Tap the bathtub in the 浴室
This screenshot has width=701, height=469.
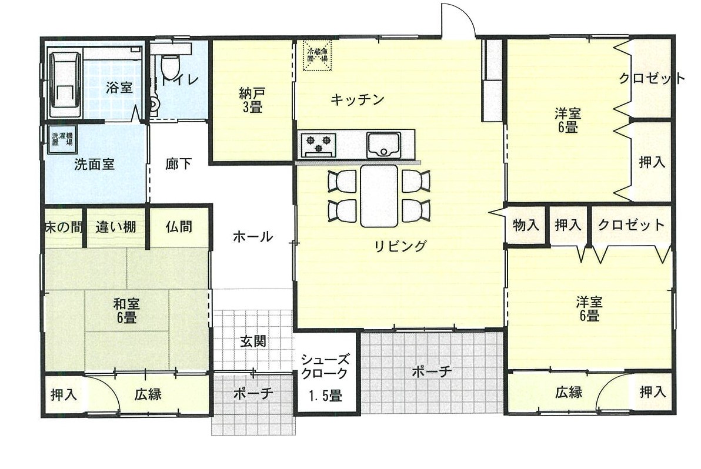click(x=65, y=84)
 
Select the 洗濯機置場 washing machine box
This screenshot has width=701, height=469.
click(x=62, y=139)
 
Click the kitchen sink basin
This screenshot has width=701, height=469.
click(x=383, y=144)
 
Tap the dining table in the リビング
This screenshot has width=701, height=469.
click(x=379, y=196)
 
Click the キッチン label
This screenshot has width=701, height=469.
click(x=357, y=99)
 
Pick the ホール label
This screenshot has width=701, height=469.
click(x=253, y=236)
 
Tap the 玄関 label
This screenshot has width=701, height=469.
click(x=253, y=341)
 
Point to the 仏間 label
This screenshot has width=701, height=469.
click(x=179, y=227)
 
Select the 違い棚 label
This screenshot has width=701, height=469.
click(x=116, y=227)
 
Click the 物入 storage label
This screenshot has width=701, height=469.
click(x=526, y=225)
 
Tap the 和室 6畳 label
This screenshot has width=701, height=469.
click(x=126, y=311)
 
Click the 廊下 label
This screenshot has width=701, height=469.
click(x=178, y=164)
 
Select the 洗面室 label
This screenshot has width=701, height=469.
click(x=94, y=165)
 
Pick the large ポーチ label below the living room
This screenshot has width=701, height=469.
click(x=432, y=371)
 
